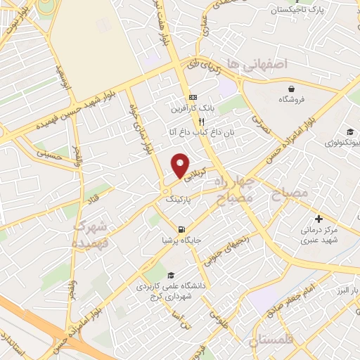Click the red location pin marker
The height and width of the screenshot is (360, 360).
pyautogui.click(x=181, y=165)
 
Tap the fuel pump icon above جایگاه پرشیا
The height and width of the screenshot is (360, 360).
pyautogui.click(x=182, y=229)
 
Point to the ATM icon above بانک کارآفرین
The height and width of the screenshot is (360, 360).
pyautogui.click(x=193, y=98)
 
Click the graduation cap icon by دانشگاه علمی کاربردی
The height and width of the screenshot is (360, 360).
pyautogui.click(x=172, y=275)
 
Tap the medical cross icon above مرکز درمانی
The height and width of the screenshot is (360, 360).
pyautogui.click(x=319, y=219)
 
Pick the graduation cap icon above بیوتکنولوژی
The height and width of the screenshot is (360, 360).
pyautogui.click(x=349, y=131)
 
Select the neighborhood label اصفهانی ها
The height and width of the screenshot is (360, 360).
pyautogui.click(x=267, y=65)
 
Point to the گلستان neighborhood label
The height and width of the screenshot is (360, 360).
pyautogui.click(x=273, y=341)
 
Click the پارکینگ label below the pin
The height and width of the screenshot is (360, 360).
pyautogui.click(x=179, y=200)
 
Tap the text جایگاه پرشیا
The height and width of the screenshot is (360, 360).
pyautogui.click(x=182, y=240)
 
